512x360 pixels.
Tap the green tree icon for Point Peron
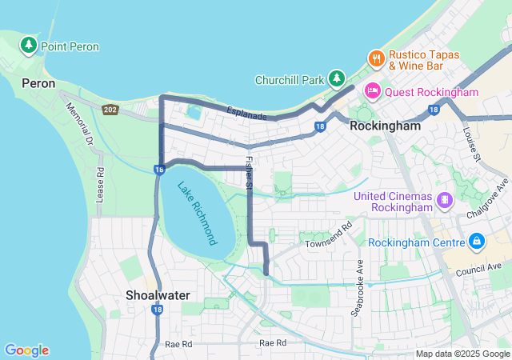pos(30,45)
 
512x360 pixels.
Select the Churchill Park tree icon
pos(338,78)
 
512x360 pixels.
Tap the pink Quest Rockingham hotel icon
pos(372,91)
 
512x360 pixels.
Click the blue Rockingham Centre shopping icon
pos(476,241)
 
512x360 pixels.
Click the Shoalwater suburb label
pos(158,295)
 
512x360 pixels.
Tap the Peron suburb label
pos(38,83)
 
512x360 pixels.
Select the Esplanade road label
pos(246,114)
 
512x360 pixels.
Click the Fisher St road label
pos(249,174)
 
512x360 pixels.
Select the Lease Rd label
pos(100,183)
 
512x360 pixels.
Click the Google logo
pos(26,350)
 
